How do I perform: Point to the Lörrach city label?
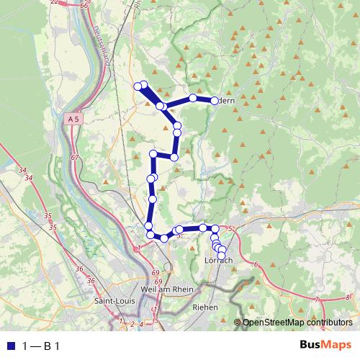tap(219, 260)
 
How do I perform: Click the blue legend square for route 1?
tap(10, 345)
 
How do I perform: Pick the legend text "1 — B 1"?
tap(41, 346)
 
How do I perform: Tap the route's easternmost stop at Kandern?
tap(215, 101)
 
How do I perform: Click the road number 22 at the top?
tap(53, 3)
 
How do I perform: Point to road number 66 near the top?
tap(84, 5)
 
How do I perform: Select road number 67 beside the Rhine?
tap(74, 156)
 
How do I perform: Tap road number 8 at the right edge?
tap(346, 297)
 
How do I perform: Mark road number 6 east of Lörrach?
tap(256, 264)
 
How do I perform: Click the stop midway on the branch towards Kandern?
tap(193, 97)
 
